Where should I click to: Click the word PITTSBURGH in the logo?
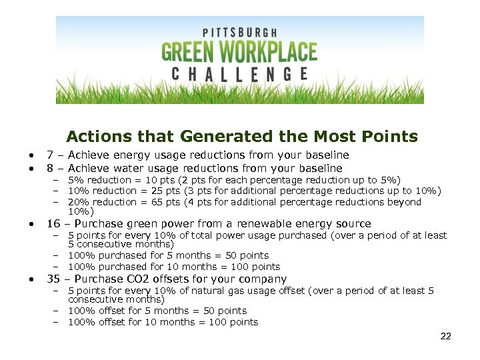point(239,33)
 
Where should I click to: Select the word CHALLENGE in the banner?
point(239,73)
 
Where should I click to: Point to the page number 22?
point(445,336)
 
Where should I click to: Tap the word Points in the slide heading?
point(393,137)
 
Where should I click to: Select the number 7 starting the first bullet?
point(49,155)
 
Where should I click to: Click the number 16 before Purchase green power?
point(53,224)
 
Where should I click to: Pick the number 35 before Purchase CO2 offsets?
point(53,279)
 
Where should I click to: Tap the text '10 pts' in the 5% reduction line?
point(159,180)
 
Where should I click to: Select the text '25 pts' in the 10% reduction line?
point(165,191)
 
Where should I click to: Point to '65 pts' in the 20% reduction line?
point(165,202)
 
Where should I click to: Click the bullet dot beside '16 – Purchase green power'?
point(31,224)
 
